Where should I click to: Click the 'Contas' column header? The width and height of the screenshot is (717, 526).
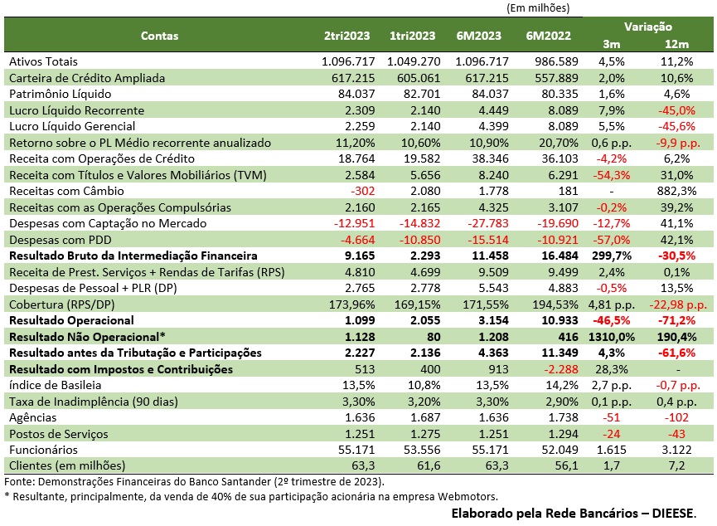(x=159, y=36)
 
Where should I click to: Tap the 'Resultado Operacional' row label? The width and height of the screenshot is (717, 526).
(x=70, y=320)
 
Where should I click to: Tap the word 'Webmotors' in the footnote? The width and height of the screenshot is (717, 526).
(x=468, y=496)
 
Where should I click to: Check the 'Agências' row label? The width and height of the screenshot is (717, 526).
(x=33, y=417)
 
